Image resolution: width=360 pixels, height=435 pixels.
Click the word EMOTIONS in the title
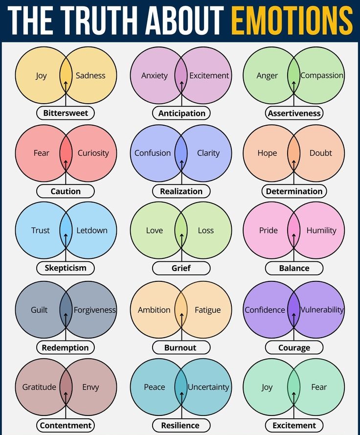pos(292,21)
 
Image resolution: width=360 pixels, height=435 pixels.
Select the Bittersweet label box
pos(66,113)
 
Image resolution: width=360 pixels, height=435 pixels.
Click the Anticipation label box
pos(181,113)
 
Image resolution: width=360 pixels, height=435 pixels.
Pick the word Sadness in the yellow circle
pos(90,75)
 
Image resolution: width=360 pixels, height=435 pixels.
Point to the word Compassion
pos(321,75)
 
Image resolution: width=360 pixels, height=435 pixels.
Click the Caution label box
pos(66,191)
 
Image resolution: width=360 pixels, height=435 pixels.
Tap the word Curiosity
pos(93,153)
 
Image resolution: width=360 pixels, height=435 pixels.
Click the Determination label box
pos(294,191)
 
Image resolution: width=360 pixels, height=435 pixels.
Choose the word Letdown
pos(91,230)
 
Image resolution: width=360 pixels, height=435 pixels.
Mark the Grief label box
pos(181,268)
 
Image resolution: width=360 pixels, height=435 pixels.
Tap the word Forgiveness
pos(94,310)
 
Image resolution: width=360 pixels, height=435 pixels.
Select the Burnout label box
pos(181,348)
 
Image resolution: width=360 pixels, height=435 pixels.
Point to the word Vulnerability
pos(322,310)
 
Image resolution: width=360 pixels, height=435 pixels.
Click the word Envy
pos(90,387)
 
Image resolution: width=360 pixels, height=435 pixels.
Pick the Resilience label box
pos(180,425)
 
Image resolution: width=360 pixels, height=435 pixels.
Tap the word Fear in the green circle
pos(319,387)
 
